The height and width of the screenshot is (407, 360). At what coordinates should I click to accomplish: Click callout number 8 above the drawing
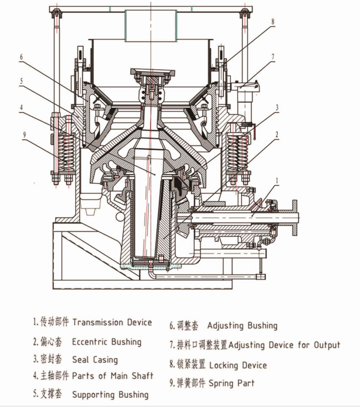click(x=272, y=22)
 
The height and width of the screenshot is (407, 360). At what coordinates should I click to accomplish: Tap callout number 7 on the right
click(x=273, y=56)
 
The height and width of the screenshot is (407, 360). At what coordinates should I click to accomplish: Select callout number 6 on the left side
click(x=21, y=57)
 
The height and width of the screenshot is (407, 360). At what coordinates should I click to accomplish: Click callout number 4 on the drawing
click(x=21, y=107)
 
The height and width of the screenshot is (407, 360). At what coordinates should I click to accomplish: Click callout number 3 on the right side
click(x=277, y=108)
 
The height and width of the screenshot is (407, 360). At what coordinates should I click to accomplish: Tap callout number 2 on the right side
click(x=277, y=134)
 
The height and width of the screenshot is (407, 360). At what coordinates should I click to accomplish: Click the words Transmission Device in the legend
click(x=112, y=322)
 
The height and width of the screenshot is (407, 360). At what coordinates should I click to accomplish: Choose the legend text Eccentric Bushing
click(x=106, y=342)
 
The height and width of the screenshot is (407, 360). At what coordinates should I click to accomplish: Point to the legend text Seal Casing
click(x=94, y=360)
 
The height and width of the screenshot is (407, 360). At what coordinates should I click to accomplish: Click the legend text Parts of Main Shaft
click(x=112, y=376)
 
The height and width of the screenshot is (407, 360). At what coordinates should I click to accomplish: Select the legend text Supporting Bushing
click(x=110, y=394)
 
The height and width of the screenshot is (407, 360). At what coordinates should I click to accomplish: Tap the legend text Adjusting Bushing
click(x=242, y=325)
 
